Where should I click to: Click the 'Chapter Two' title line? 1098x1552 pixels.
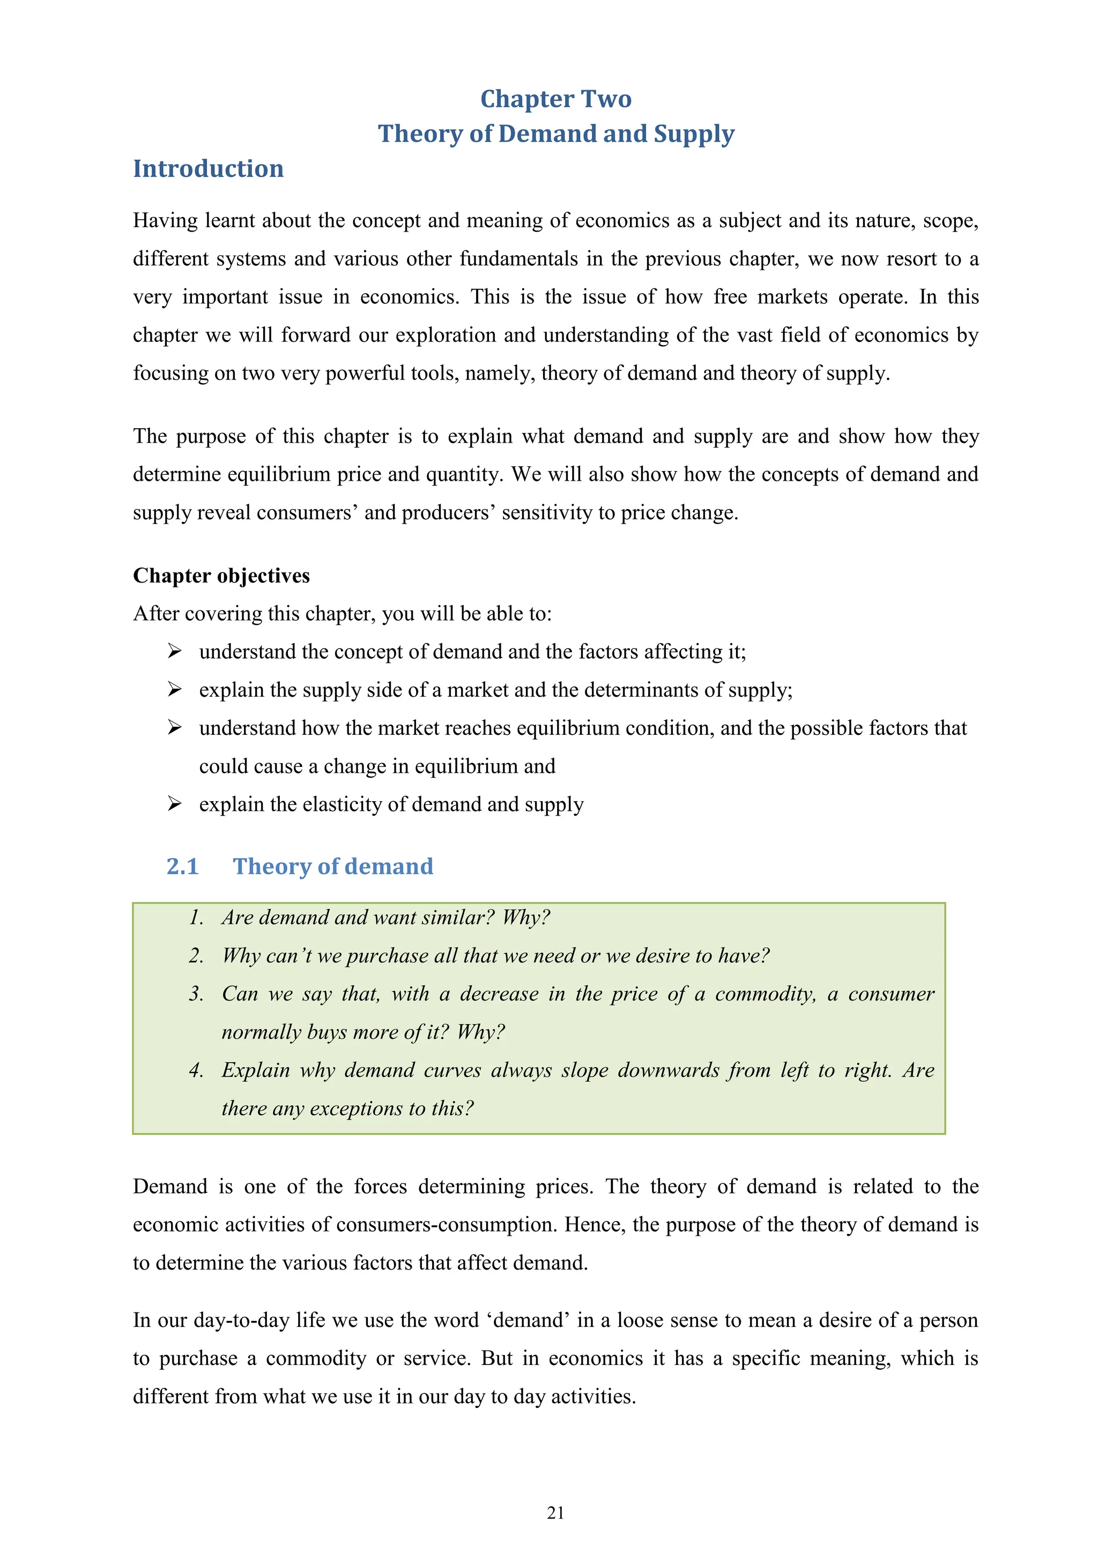pos(556,99)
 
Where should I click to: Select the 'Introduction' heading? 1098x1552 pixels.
pos(208,169)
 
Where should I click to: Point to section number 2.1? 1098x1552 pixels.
pos(182,867)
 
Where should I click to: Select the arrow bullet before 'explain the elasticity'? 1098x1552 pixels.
pos(174,804)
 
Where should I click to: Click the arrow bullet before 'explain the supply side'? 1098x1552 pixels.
pos(174,690)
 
